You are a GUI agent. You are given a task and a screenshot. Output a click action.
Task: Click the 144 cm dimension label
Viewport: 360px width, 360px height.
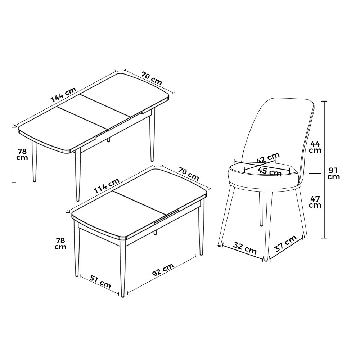pos(63,95)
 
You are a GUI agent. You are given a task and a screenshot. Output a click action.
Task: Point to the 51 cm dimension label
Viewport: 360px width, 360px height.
pos(100,282)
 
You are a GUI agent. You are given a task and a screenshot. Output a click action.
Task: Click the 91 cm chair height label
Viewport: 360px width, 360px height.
pos(333,174)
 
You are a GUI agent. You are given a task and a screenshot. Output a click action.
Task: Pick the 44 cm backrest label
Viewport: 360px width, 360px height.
pos(315,147)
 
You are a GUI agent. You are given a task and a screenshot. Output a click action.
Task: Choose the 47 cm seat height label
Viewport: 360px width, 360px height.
pos(315,202)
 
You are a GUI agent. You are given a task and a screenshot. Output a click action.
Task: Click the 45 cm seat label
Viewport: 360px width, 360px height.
pos(269,171)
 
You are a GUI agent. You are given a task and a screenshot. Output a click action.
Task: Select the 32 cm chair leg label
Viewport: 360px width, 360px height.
pos(245,248)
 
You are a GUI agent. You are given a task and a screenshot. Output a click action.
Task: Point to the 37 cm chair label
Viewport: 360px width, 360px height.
pos(285,244)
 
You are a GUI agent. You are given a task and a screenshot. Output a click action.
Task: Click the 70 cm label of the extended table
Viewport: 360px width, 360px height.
pos(152,78)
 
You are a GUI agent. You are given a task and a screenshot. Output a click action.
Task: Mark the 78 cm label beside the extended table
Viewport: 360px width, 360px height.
pos(23,154)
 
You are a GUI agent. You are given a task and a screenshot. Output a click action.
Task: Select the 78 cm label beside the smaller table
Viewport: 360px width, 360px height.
pos(61,244)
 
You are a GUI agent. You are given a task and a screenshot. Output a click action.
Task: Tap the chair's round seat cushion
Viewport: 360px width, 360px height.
pos(264,176)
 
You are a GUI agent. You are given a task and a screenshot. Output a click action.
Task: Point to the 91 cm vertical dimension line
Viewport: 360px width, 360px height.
pos(324,170)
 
